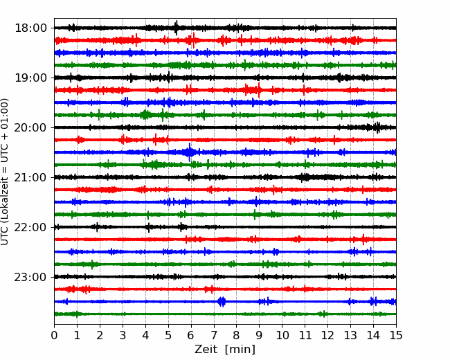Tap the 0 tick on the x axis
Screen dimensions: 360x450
coord(54,336)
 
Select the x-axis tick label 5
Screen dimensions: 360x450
coord(168,336)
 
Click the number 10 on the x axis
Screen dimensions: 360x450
coord(282,336)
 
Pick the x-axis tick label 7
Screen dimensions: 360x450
coord(214,336)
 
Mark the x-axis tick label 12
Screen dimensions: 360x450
coord(327,336)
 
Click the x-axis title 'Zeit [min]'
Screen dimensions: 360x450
coord(225,350)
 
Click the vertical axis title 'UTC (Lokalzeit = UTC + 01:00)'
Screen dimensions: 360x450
coord(6,171)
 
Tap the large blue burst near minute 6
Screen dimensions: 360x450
coord(190,152)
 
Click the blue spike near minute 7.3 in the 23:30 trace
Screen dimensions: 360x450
coord(222,301)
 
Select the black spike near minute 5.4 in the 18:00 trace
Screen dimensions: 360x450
coord(177,28)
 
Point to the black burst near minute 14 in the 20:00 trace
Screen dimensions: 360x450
coord(377,127)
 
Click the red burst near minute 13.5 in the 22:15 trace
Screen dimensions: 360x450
coord(363,240)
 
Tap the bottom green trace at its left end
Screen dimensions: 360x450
coord(57,314)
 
